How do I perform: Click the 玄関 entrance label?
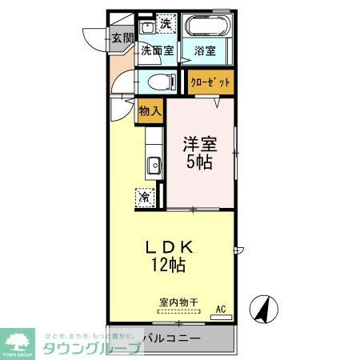click(122, 37)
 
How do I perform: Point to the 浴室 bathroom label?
click(205, 50)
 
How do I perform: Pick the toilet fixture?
click(159, 81)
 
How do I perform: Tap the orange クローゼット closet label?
click(211, 82)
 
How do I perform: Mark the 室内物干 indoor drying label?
click(179, 302)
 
